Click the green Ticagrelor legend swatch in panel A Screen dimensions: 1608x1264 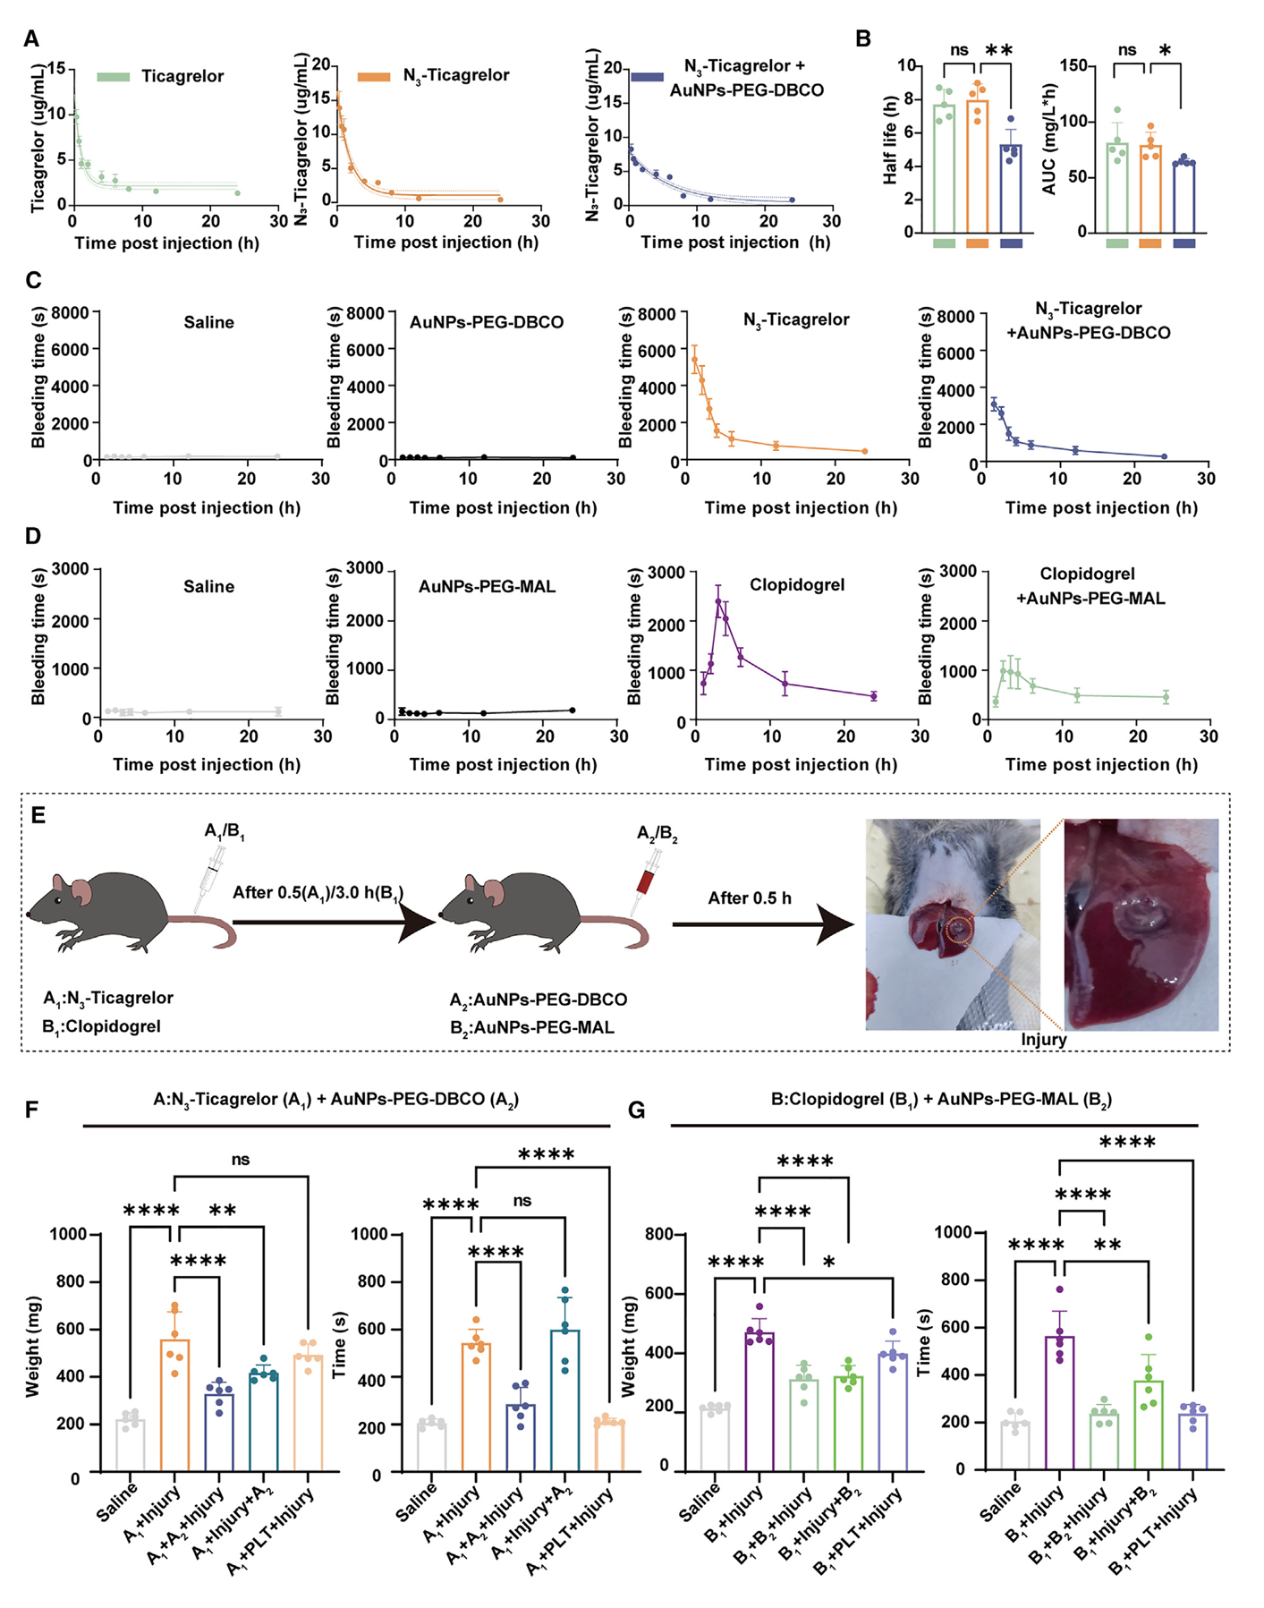(x=114, y=77)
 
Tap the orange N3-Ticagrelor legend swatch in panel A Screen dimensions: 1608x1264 (x=374, y=77)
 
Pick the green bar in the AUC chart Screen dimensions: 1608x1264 (x=1116, y=188)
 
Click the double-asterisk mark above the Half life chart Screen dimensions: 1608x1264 (x=999, y=51)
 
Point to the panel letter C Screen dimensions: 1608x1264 (x=33, y=280)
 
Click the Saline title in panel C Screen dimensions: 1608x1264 (x=208, y=322)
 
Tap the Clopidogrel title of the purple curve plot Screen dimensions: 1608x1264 (x=796, y=585)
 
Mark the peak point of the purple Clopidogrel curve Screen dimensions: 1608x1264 (x=718, y=601)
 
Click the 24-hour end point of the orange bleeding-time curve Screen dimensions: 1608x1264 (x=864, y=451)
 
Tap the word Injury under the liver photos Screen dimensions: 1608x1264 (x=1043, y=1040)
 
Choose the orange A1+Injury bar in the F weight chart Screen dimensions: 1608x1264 (x=174, y=1405)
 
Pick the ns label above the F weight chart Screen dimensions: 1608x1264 (x=241, y=1160)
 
